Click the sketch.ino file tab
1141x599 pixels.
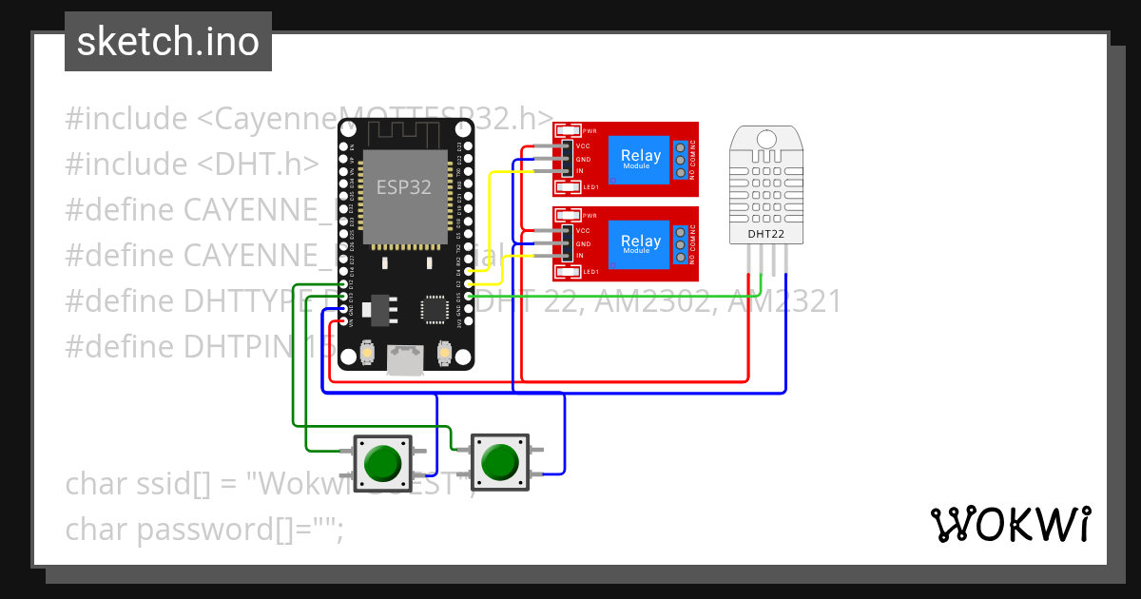(x=167, y=42)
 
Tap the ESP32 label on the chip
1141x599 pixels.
(x=404, y=187)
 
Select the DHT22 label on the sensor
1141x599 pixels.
(x=766, y=233)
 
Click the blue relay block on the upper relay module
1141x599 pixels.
(x=640, y=159)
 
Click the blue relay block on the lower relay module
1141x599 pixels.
(x=640, y=243)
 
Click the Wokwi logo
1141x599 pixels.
(x=1010, y=524)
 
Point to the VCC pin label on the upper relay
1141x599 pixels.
(x=583, y=146)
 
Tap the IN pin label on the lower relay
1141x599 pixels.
(x=580, y=257)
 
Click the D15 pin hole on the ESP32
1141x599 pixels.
(x=468, y=297)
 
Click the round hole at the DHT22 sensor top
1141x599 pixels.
(x=766, y=139)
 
